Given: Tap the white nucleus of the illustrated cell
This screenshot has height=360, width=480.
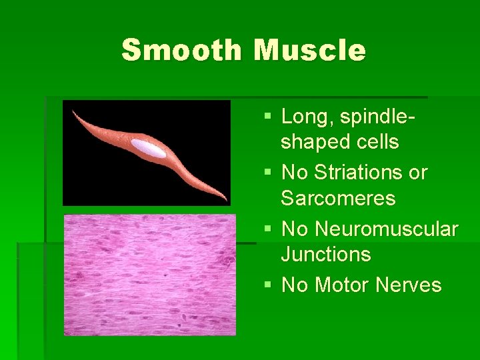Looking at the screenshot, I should [x=148, y=149].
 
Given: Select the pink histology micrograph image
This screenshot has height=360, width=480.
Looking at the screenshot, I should [x=149, y=275].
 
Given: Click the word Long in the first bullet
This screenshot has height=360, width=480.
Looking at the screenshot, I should [x=308, y=117].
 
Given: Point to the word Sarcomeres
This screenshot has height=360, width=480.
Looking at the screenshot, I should [x=338, y=199].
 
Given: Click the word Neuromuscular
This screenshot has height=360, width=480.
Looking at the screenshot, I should [x=387, y=229].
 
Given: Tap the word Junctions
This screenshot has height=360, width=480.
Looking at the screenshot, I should [x=326, y=255].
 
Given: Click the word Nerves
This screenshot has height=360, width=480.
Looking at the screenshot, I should [x=409, y=285].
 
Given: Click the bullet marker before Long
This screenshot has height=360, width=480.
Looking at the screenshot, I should [x=268, y=117].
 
